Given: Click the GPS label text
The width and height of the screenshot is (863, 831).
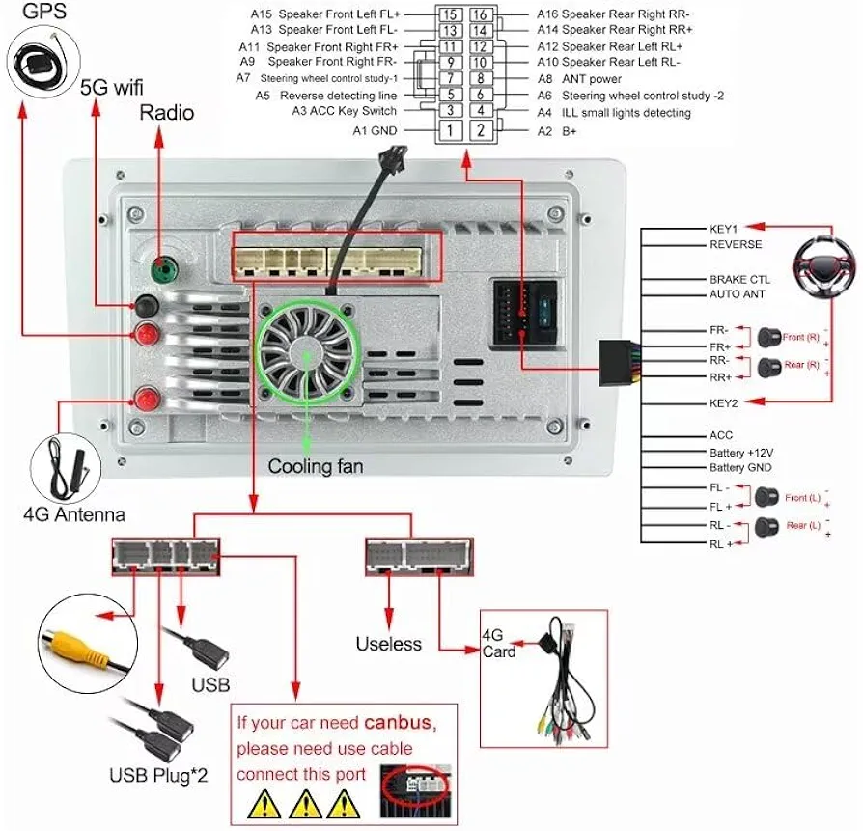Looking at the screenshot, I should (x=27, y=12).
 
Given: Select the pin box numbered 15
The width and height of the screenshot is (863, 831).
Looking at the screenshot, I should (x=449, y=14).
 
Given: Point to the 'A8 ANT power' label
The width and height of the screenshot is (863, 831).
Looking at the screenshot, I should (x=579, y=79).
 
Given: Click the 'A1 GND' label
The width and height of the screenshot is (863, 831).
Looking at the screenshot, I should (x=375, y=130).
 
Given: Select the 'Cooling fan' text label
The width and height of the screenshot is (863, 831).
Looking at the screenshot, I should (x=316, y=467).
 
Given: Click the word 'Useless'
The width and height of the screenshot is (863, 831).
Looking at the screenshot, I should (x=389, y=644).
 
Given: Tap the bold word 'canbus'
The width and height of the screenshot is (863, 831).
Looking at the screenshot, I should (x=400, y=723).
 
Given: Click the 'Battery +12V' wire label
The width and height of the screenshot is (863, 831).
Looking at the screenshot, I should (x=740, y=452).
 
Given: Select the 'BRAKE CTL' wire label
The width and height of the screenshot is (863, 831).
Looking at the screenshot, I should (x=739, y=279).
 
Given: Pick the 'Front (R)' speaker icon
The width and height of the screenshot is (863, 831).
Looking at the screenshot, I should (x=769, y=338).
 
